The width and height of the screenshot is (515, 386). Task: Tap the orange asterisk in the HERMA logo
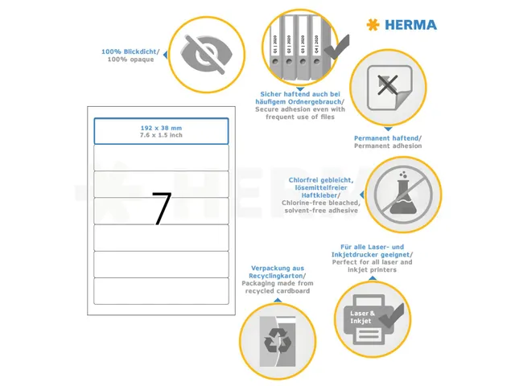373,24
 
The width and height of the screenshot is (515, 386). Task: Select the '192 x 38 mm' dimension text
161,128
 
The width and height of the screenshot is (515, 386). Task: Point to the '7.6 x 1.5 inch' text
161,135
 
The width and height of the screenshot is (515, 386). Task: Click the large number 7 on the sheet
162,208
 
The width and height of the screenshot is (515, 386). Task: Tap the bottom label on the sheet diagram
161,291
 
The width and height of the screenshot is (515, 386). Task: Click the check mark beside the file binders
336,44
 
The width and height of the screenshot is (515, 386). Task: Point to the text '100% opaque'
130,60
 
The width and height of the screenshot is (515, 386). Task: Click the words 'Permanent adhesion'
388,146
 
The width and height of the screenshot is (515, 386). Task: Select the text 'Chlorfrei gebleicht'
318,179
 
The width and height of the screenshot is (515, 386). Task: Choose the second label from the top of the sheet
161,158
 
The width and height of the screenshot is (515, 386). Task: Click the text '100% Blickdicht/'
130,51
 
